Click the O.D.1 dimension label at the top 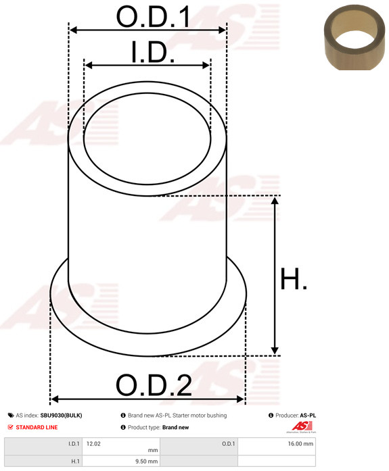[153, 17]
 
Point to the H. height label [294, 279]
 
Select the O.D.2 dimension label [154, 385]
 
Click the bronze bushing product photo [354, 37]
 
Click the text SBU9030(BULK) [61, 416]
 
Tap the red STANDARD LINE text [37, 427]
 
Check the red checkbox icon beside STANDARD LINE [11, 427]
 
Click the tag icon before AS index [11, 416]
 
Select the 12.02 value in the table [93, 444]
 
